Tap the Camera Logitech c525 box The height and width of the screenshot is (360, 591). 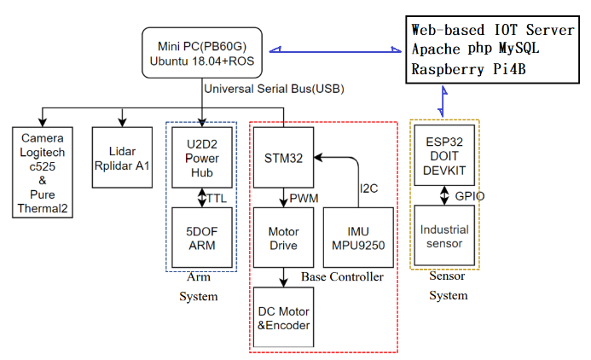click(x=43, y=171)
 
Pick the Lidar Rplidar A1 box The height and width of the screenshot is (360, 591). click(x=122, y=158)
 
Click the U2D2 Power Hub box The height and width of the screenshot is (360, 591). click(x=201, y=157)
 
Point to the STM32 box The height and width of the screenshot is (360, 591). click(x=282, y=157)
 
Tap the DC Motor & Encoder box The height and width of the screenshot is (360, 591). click(x=282, y=316)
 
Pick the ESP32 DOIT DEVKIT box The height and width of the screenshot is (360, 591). click(x=444, y=157)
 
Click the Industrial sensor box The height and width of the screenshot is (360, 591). click(x=444, y=236)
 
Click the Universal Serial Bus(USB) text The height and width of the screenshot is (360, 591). click(x=273, y=89)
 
